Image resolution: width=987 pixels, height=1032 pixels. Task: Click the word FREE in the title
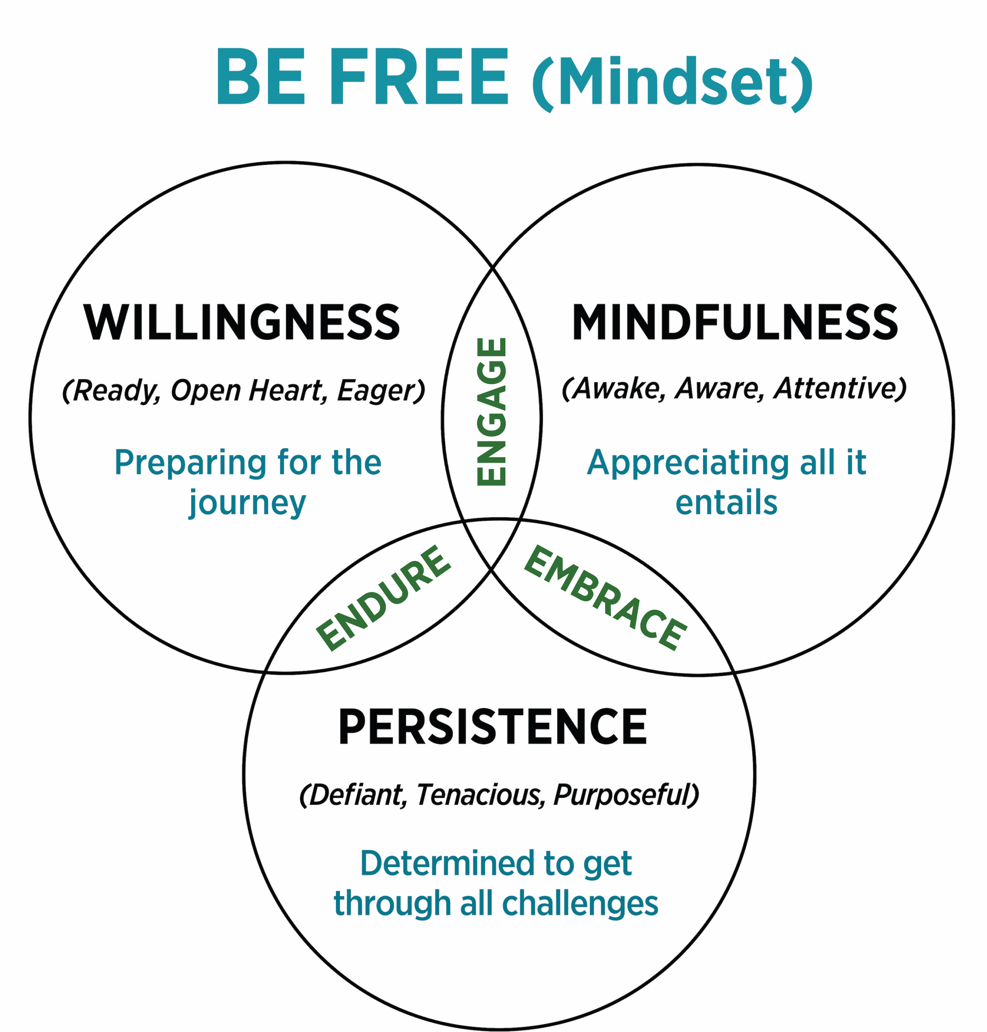[419, 77]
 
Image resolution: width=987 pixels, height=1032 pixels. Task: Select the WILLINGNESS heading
[242, 322]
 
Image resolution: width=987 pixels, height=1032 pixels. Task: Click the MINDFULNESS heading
[735, 322]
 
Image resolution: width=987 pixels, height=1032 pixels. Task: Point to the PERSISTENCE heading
[492, 727]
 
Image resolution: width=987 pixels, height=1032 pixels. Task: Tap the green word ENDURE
[383, 598]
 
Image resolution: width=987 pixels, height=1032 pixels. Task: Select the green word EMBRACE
[606, 598]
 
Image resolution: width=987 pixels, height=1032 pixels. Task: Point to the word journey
[247, 504]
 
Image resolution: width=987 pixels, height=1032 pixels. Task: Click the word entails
[727, 503]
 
